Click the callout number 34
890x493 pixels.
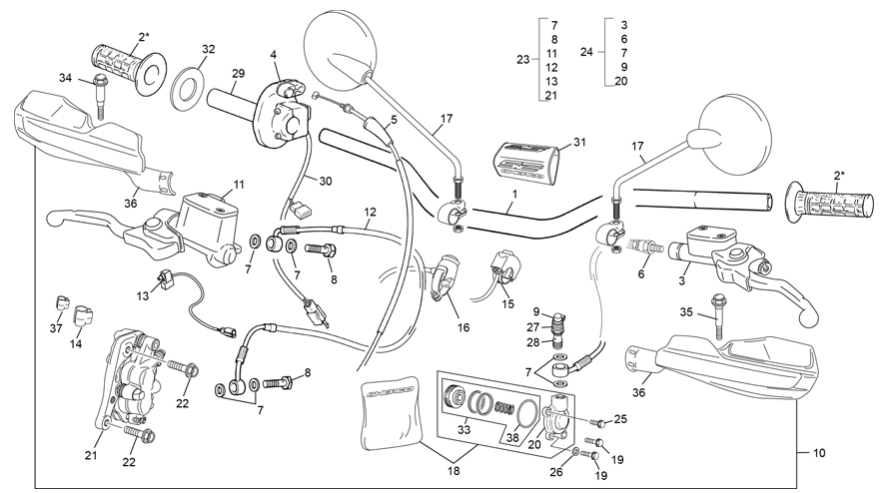click(x=66, y=78)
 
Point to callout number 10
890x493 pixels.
click(x=819, y=453)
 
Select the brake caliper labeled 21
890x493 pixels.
click(x=126, y=380)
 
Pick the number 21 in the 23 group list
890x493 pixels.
click(x=551, y=96)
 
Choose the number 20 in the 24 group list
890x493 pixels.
click(x=621, y=81)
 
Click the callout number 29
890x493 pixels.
click(x=238, y=73)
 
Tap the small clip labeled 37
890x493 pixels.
click(x=61, y=302)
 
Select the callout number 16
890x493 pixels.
click(x=463, y=327)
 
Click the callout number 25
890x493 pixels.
click(x=620, y=419)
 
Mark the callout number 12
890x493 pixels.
click(x=370, y=212)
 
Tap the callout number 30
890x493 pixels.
click(x=326, y=181)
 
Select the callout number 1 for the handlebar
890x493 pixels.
click(x=514, y=194)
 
